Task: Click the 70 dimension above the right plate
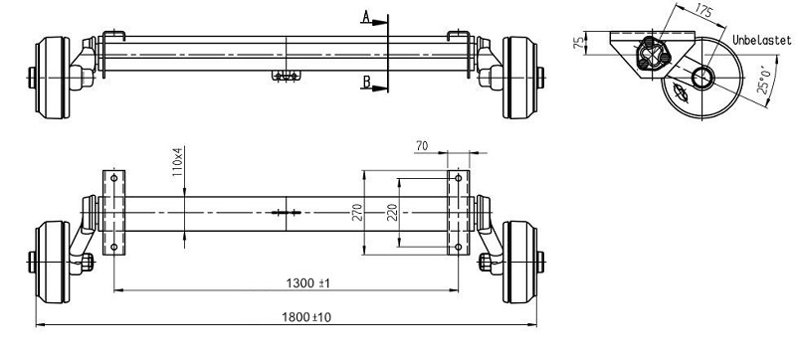[421, 146]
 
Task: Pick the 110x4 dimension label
[178, 161]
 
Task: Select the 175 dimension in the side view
[703, 12]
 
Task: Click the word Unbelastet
[760, 40]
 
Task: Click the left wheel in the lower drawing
[51, 262]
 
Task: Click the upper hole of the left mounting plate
[113, 179]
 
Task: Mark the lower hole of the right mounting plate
[458, 247]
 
